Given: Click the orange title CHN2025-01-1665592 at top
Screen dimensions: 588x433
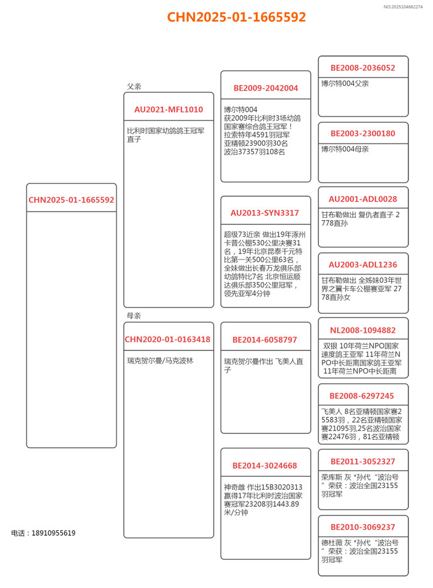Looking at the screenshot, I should tap(237, 17).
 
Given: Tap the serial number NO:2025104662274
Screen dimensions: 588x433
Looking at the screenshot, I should tap(403, 7).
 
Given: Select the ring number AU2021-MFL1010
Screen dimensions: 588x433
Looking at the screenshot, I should tap(169, 109).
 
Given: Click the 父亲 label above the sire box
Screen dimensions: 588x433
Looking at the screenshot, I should tap(134, 86).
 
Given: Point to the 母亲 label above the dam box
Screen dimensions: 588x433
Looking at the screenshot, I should tap(134, 316).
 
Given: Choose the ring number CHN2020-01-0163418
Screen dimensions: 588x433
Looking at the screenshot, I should tap(167, 339).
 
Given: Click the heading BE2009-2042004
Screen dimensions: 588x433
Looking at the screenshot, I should tap(266, 88).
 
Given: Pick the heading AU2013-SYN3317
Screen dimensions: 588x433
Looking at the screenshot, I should tap(265, 213).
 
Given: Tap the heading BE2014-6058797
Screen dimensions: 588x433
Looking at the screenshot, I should tap(265, 340).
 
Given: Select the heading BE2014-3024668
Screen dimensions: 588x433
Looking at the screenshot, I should tap(265, 466).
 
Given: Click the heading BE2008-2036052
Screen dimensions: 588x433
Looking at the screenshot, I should tap(362, 68).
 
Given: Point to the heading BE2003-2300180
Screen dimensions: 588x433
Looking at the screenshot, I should tap(362, 133).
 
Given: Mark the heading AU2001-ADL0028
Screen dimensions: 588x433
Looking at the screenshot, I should tap(362, 199).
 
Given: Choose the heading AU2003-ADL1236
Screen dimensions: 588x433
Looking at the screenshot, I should tap(362, 265).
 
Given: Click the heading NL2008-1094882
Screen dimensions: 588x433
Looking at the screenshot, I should tap(362, 330).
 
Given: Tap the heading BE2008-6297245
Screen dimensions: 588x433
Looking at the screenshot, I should tap(362, 396).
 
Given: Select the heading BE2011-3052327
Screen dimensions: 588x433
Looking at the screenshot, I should tap(362, 462).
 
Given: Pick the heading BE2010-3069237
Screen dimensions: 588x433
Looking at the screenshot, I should tap(362, 527).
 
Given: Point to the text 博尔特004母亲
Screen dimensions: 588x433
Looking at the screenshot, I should tap(345, 149).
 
